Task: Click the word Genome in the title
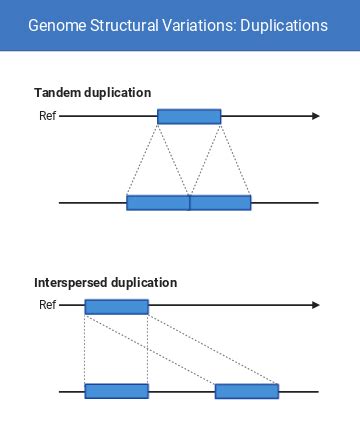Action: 55,25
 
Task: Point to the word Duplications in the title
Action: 281,25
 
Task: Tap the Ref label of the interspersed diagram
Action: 47,306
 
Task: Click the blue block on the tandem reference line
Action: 189,117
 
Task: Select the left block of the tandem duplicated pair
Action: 158,203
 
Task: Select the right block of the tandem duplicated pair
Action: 220,203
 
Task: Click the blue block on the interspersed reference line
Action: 116,307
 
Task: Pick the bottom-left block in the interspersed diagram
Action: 116,391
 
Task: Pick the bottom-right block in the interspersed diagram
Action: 246,391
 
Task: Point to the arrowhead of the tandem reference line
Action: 315,117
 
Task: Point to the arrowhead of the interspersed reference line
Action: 315,306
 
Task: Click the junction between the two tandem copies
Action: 189,203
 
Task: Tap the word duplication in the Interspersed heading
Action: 144,283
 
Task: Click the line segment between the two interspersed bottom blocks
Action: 181,391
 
